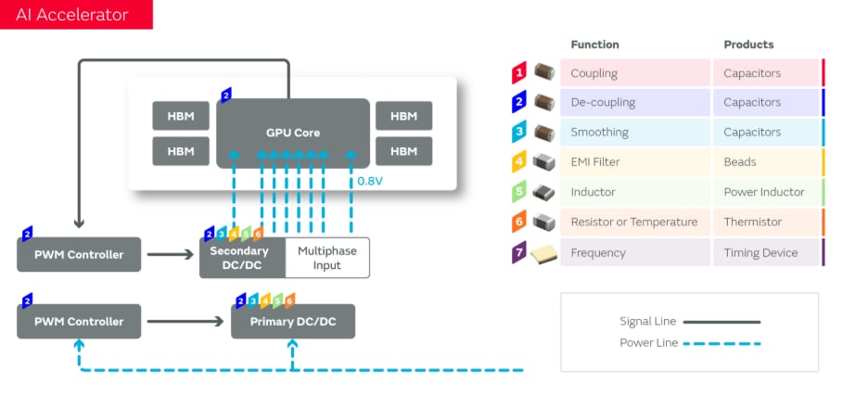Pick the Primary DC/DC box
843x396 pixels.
pos(292,321)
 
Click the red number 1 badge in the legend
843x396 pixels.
pos(520,72)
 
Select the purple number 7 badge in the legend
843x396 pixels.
pos(520,252)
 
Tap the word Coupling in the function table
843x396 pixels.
pos(594,73)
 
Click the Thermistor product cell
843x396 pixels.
pos(753,223)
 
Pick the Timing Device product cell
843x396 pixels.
pos(760,252)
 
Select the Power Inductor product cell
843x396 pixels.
pos(761,192)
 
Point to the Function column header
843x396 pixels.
pos(594,45)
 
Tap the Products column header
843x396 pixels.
pos(748,45)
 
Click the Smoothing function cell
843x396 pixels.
pos(599,133)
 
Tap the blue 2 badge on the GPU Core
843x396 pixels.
pos(226,95)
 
